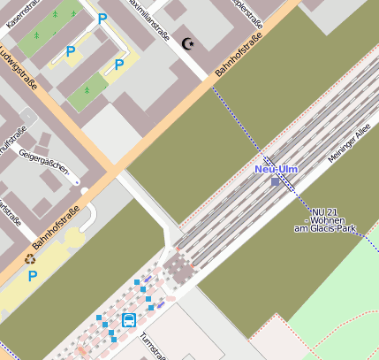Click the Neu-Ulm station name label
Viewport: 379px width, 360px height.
[x=276, y=169]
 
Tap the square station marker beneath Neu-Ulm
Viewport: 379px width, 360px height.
[x=276, y=181]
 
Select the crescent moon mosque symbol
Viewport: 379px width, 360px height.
[x=186, y=42]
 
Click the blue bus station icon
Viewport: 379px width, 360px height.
[x=129, y=320]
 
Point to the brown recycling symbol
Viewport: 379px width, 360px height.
[x=30, y=260]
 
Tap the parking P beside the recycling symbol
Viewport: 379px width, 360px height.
[x=33, y=276]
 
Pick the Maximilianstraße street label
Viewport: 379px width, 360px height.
[x=148, y=19]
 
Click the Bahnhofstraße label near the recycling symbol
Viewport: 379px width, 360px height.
[x=57, y=227]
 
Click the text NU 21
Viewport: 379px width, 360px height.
[x=326, y=211]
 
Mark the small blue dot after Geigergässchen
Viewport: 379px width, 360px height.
[x=78, y=181]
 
